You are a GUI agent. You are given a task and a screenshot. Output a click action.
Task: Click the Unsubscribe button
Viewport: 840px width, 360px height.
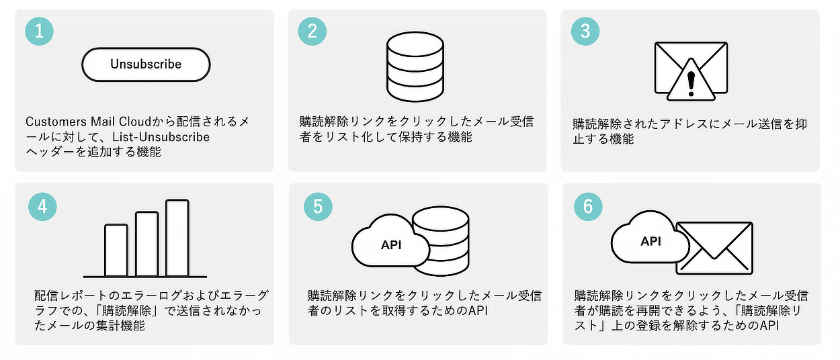[x=146, y=64]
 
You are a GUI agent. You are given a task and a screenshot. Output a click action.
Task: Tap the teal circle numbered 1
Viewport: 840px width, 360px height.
[x=39, y=30]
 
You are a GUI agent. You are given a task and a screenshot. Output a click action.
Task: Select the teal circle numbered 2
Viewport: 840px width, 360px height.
[x=312, y=30]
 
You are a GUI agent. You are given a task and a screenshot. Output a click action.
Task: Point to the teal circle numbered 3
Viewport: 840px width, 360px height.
[x=585, y=30]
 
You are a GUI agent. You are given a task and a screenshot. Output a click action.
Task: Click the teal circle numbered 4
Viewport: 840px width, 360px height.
[x=42, y=207]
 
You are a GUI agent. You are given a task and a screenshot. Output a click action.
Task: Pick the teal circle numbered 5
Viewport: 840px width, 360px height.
[x=318, y=206]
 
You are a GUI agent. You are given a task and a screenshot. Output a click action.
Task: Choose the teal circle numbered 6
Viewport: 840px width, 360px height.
[x=588, y=207]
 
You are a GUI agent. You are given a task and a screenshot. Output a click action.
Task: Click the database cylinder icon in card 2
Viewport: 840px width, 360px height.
[x=415, y=67]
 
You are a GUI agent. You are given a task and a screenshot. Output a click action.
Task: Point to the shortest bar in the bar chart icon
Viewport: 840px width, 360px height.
[x=116, y=250]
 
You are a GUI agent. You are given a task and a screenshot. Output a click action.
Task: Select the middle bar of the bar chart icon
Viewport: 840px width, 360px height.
[x=147, y=244]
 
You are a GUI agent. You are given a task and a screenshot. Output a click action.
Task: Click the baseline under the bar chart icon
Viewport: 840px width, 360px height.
[x=144, y=276]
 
